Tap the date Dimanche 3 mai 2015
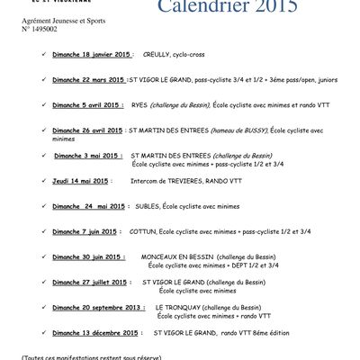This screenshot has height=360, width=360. (86, 156)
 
